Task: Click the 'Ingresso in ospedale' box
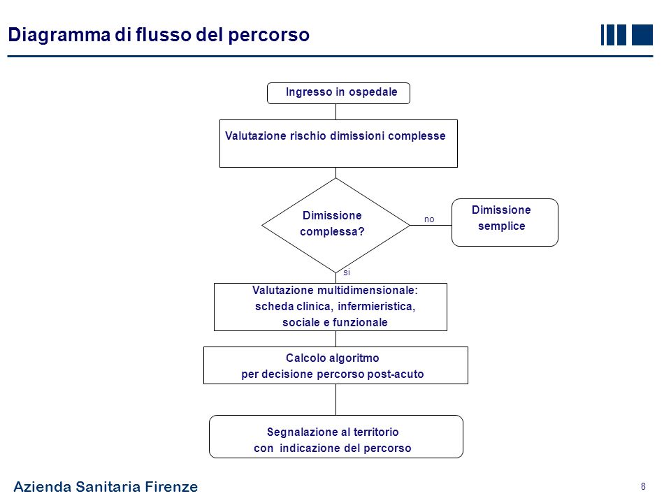tap(338, 93)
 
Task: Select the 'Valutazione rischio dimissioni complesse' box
tap(338, 144)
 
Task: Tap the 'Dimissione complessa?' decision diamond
tap(335, 224)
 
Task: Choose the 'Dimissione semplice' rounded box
tap(505, 222)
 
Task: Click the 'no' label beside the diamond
tap(429, 219)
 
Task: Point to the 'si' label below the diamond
tap(346, 272)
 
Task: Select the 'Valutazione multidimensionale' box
tap(330, 307)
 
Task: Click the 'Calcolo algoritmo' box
tap(335, 365)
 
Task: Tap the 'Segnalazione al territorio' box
tap(336, 437)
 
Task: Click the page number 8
tap(642, 486)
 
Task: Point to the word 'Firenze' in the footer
tap(171, 487)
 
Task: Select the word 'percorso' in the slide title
tap(269, 34)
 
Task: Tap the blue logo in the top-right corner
tap(626, 35)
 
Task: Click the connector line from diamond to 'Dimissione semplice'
tap(430, 226)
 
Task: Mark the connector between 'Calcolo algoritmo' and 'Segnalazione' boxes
tap(336, 400)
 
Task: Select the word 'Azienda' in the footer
tap(42, 487)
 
